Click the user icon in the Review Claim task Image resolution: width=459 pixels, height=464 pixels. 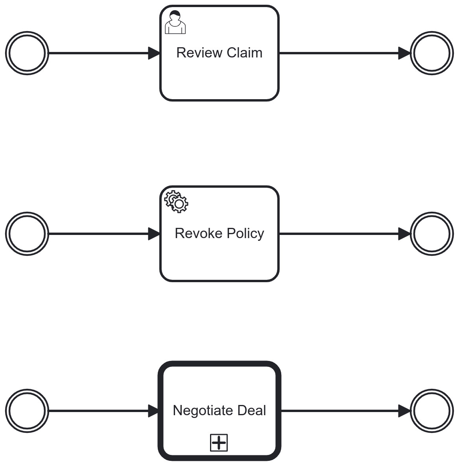175,23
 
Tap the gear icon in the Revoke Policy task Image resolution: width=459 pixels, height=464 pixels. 176,202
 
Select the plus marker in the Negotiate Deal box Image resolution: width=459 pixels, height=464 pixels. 219,443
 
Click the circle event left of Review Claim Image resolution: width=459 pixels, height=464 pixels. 27,53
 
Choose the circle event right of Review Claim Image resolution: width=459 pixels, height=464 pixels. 431,53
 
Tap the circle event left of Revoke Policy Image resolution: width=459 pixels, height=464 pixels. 27,234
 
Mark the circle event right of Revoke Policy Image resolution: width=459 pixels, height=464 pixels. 431,234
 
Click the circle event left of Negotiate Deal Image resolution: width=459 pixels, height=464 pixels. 27,411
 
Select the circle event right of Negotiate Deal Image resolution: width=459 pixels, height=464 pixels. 431,411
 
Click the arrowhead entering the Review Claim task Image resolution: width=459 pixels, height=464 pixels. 154,53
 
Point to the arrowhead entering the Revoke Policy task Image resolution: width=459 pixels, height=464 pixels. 154,234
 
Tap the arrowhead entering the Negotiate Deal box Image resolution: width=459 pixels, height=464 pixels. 153,411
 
